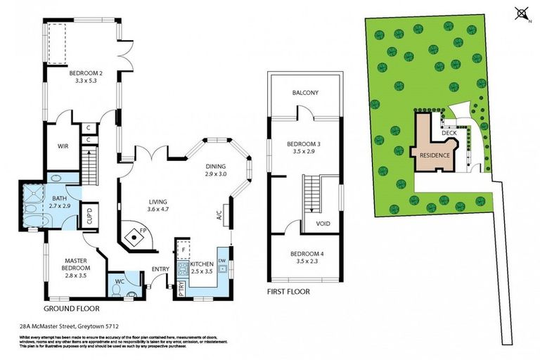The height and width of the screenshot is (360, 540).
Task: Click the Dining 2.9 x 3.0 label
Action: pos(215,170)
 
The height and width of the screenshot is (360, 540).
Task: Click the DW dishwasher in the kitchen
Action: pos(222,260)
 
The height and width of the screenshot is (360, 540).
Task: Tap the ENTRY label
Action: pos(160,269)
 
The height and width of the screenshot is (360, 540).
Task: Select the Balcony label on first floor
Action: pos(305,93)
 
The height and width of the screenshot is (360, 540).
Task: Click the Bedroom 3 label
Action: pos(304,148)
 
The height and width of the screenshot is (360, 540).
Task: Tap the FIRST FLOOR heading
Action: pos(290,290)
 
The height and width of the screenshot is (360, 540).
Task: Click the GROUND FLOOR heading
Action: pos(71,308)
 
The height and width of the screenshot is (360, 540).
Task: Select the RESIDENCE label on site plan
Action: pos(434,155)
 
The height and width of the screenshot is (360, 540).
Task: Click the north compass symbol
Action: pos(521,12)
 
